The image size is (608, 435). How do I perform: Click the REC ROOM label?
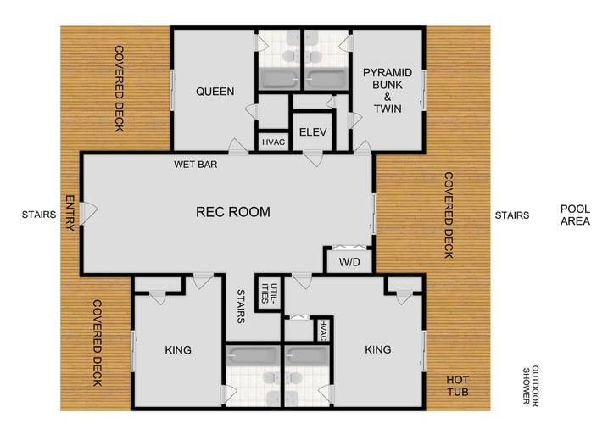pyautogui.click(x=232, y=212)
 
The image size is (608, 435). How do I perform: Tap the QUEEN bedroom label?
pyautogui.click(x=215, y=92)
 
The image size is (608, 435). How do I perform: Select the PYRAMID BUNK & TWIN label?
pyautogui.click(x=387, y=91)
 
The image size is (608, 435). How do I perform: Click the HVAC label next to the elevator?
pyautogui.click(x=273, y=142)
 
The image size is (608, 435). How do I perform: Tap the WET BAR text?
pyautogui.click(x=196, y=164)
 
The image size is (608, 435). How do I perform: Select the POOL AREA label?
pyautogui.click(x=576, y=215)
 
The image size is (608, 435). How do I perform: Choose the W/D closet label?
pyautogui.click(x=349, y=261)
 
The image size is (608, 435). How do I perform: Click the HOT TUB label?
pyautogui.click(x=458, y=388)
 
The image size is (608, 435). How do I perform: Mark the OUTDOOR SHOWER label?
pyautogui.click(x=531, y=386)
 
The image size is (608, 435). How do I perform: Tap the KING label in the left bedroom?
pyautogui.click(x=177, y=349)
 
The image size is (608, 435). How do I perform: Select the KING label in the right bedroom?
pyautogui.click(x=378, y=349)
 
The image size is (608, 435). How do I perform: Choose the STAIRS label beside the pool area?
pyautogui.click(x=511, y=215)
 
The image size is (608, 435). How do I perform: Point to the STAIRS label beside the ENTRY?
pyautogui.click(x=38, y=215)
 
